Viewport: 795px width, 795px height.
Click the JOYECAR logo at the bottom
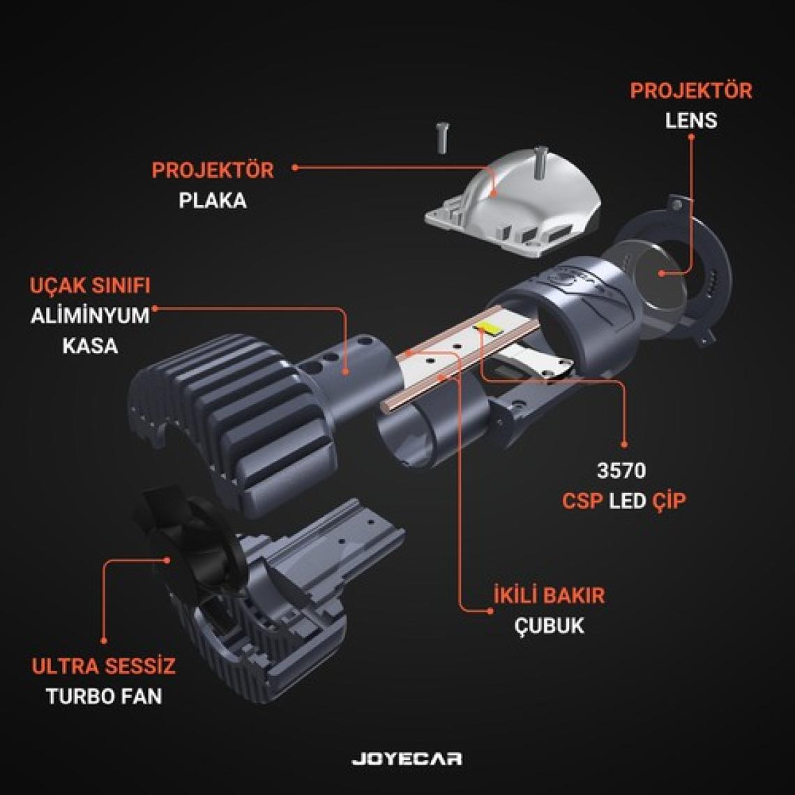pyautogui.click(x=407, y=759)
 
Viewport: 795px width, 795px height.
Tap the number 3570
pyautogui.click(x=621, y=471)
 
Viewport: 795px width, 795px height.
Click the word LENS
pyautogui.click(x=691, y=121)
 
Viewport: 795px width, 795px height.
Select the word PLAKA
pyautogui.click(x=213, y=200)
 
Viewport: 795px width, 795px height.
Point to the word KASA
pyautogui.click(x=90, y=346)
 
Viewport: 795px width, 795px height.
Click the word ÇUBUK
pyautogui.click(x=549, y=626)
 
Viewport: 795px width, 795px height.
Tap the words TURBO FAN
pyautogui.click(x=104, y=696)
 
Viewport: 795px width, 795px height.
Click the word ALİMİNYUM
pyautogui.click(x=90, y=315)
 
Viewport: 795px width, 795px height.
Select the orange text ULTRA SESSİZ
pyautogui.click(x=103, y=665)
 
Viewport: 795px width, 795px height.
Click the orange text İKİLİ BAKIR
pyautogui.click(x=549, y=595)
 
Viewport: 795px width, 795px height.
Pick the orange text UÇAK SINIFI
pyautogui.click(x=90, y=285)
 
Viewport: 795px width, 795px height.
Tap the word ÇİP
pyautogui.click(x=669, y=500)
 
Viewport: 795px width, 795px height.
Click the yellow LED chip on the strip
pyautogui.click(x=485, y=326)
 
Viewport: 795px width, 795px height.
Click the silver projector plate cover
pyautogui.click(x=512, y=203)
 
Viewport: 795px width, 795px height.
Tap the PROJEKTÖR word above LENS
pyautogui.click(x=691, y=91)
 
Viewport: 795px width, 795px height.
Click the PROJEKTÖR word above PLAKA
pyautogui.click(x=213, y=170)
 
